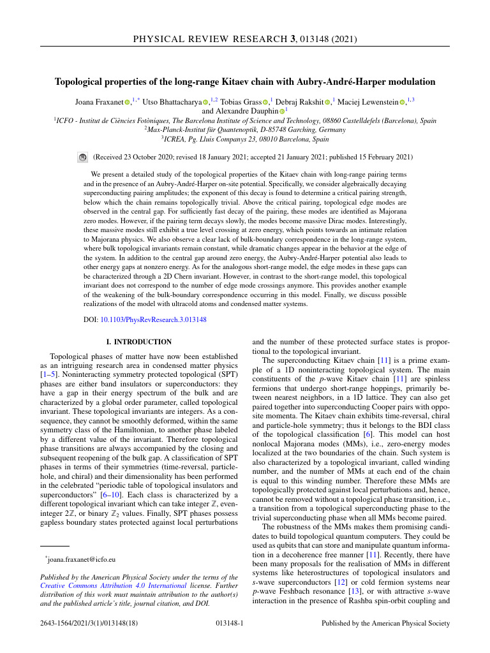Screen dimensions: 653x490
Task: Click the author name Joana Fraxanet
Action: (99, 101)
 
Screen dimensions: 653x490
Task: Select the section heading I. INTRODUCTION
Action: (138, 342)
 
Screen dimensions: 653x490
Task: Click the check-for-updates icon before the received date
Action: (82, 156)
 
